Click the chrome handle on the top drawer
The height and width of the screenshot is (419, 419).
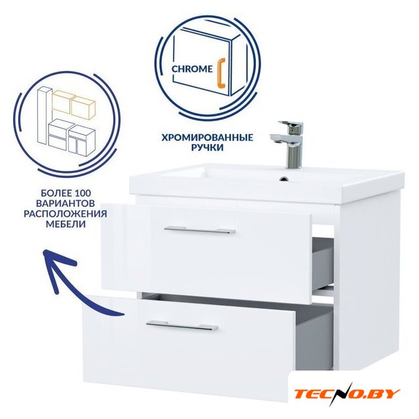[x=200, y=230]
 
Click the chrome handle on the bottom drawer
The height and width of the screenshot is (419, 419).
[x=182, y=326]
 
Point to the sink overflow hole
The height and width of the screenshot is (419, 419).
[x=284, y=179]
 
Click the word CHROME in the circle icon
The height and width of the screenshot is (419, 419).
[x=192, y=69]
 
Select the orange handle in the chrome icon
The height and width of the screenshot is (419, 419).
[x=221, y=75]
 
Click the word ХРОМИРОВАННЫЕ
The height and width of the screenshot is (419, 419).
[x=207, y=137]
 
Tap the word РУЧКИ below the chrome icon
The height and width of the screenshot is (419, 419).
[x=207, y=147]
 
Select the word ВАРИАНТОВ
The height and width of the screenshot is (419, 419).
[x=65, y=203]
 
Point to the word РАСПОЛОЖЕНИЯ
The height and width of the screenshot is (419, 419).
[x=65, y=213]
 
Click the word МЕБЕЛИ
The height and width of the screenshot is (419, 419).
[x=65, y=224]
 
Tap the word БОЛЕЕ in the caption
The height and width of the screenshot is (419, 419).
[x=54, y=193]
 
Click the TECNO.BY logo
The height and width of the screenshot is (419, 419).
[x=347, y=394]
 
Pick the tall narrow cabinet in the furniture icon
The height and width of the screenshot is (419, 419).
[x=43, y=118]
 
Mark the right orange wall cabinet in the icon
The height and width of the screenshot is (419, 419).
[x=83, y=107]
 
